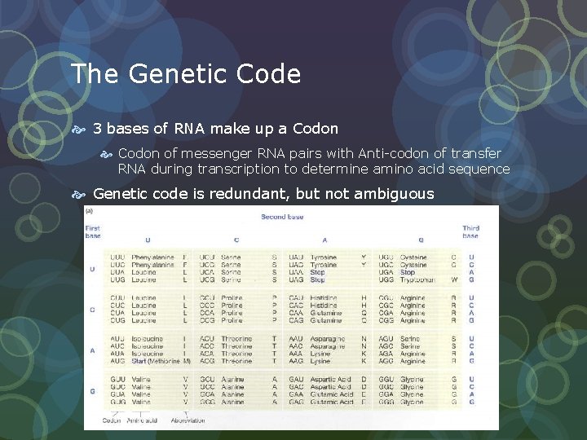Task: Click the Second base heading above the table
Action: pyautogui.click(x=282, y=216)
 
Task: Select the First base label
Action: pyautogui.click(x=93, y=231)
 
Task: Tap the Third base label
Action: pyautogui.click(x=470, y=231)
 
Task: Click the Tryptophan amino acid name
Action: pyautogui.click(x=418, y=280)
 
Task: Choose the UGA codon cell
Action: pyautogui.click(x=386, y=272)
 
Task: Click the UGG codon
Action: pyautogui.click(x=386, y=280)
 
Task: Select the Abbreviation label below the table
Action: pyautogui.click(x=188, y=420)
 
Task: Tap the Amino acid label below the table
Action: pyautogui.click(x=143, y=420)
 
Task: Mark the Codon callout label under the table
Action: pyautogui.click(x=112, y=420)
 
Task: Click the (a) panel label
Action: pyautogui.click(x=90, y=210)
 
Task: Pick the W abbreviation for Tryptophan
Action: pyautogui.click(x=453, y=280)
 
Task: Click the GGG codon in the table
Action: pyautogui.click(x=386, y=402)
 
